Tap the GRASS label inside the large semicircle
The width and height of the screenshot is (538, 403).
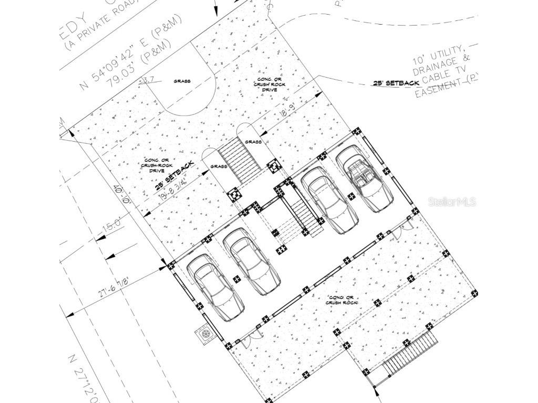(x=182, y=81)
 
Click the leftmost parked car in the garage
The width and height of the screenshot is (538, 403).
(x=215, y=288)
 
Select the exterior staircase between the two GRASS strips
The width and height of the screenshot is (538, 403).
(x=239, y=156)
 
